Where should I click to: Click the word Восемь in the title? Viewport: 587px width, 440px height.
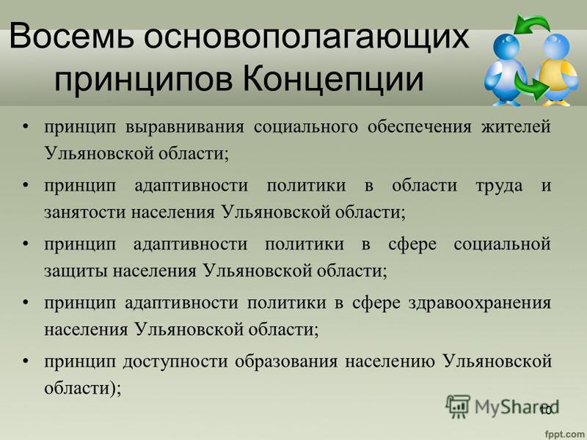coord(71,36)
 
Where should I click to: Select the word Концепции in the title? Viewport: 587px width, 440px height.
coord(335,80)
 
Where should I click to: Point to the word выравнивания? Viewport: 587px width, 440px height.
coord(185,127)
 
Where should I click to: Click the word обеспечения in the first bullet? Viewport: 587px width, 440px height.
coord(420,127)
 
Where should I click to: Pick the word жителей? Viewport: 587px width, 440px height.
coord(516,127)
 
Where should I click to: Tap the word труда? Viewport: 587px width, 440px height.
coord(499,186)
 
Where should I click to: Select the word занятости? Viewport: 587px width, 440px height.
coord(86,212)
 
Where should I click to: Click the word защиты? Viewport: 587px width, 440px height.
coord(76,271)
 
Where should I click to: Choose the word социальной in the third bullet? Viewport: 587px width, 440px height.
coord(503,244)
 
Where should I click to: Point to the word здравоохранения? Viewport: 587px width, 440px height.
coord(480,303)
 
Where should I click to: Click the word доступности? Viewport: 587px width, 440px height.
coord(175,362)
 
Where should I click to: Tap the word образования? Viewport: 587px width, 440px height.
coord(286,362)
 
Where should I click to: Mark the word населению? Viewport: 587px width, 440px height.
coord(390,362)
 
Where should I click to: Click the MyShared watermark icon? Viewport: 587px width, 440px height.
coord(458,406)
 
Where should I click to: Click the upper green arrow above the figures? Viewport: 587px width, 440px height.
coord(531,24)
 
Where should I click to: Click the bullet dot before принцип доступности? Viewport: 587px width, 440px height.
coord(26,362)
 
